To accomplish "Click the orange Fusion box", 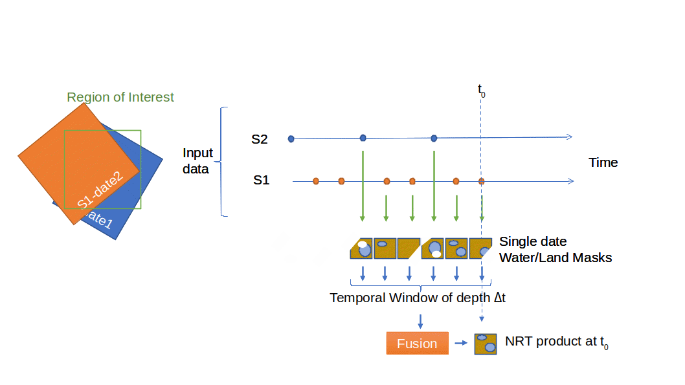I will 417,344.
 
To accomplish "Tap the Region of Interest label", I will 121,98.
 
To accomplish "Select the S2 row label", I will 260,138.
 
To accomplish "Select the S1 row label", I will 261,181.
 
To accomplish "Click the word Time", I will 602,162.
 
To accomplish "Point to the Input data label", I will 197,161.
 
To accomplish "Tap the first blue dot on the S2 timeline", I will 291,138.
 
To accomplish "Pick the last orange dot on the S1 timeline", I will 481,181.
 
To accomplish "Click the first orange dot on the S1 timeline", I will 316,181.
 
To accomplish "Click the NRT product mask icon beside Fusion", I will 485,344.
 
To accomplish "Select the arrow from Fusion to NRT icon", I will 460,344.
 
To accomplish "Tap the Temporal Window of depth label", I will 418,298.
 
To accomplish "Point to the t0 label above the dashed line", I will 482,90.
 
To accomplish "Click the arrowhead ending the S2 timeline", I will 569,137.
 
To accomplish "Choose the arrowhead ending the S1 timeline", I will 570,181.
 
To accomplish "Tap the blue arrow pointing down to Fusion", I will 421,321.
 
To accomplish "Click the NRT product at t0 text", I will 557,342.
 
